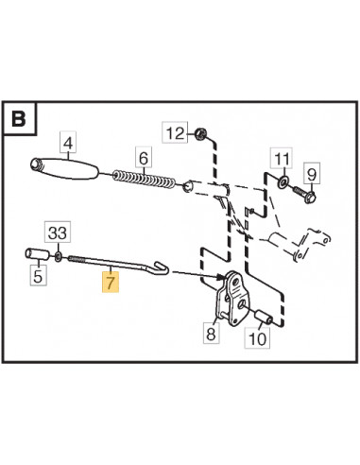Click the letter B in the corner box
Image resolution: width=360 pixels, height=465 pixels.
click(19, 119)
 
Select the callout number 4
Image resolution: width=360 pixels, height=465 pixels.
click(68, 144)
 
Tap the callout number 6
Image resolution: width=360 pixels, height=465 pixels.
click(144, 158)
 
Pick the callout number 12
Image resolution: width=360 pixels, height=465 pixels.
click(175, 133)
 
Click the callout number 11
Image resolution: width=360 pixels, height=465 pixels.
click(282, 159)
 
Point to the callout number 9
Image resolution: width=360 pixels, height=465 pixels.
click(312, 174)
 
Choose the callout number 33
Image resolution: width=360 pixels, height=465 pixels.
click(58, 233)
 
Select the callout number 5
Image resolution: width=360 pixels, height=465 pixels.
click(38, 276)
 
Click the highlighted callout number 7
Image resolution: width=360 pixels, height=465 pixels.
click(110, 283)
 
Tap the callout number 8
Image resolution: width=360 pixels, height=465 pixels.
click(211, 334)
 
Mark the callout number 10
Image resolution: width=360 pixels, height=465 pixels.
click(257, 339)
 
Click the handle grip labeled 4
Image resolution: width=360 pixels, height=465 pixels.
click(64, 169)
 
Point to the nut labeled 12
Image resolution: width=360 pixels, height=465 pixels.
click(199, 134)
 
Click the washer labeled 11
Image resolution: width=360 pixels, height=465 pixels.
click(283, 181)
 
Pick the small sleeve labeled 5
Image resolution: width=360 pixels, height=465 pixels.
click(37, 254)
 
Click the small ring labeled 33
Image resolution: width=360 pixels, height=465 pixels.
click(58, 257)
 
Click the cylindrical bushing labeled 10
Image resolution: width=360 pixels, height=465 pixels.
click(263, 318)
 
